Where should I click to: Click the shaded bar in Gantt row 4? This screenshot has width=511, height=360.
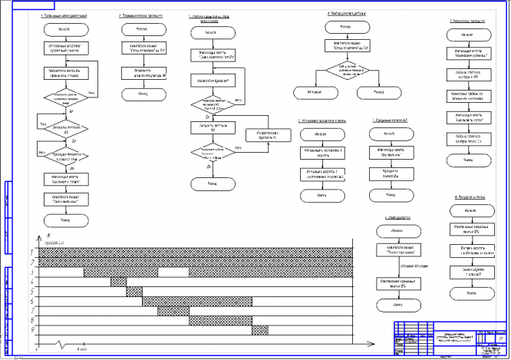click(x=118, y=282)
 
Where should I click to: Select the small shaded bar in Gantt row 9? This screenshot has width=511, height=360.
click(x=260, y=331)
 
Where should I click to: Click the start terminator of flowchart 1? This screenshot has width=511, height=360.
click(x=64, y=30)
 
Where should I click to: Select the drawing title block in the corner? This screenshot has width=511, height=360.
click(x=450, y=338)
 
